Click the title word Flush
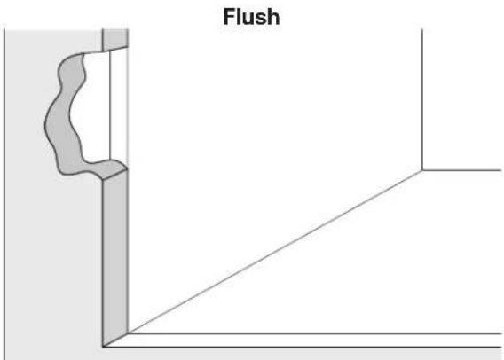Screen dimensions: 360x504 pos(252,15)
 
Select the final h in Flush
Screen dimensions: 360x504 pos(272,15)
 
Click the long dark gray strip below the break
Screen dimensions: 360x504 pos(115,257)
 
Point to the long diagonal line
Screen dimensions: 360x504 pos(275,251)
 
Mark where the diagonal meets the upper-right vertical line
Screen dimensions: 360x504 pos(422,169)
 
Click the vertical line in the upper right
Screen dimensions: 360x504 pos(422,98)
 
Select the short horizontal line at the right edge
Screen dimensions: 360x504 pos(461,169)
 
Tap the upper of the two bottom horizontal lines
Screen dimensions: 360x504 pos(311,334)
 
